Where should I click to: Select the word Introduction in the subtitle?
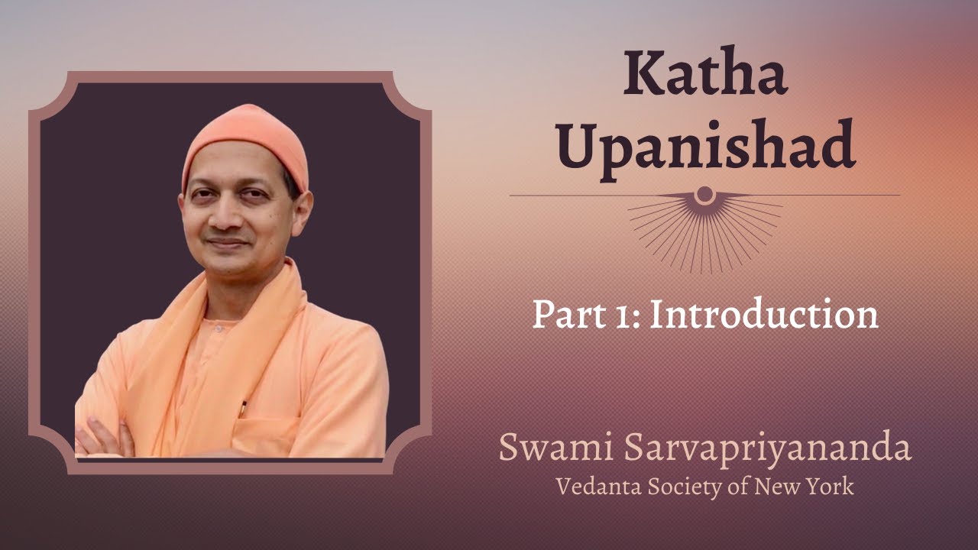(763, 315)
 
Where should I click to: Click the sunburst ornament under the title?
(704, 222)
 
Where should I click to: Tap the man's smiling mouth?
(227, 244)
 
